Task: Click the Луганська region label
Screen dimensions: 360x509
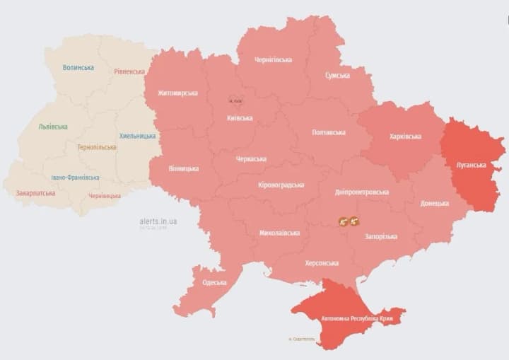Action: pyautogui.click(x=471, y=165)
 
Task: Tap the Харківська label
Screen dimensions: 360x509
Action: pyautogui.click(x=405, y=136)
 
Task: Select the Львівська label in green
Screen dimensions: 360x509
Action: pyautogui.click(x=53, y=127)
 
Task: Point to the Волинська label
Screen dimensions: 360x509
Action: pyautogui.click(x=78, y=67)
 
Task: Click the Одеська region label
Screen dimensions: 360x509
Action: pyautogui.click(x=214, y=282)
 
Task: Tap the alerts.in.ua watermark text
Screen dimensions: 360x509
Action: pyautogui.click(x=158, y=221)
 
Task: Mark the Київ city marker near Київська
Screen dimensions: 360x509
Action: pyautogui.click(x=235, y=100)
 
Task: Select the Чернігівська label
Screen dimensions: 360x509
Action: pyautogui.click(x=274, y=59)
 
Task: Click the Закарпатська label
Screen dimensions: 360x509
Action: pyautogui.click(x=35, y=192)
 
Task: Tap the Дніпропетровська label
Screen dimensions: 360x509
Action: pyautogui.click(x=362, y=192)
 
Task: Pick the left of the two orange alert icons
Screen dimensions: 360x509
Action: pyautogui.click(x=343, y=221)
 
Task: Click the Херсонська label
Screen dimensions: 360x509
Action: pyautogui.click(x=322, y=262)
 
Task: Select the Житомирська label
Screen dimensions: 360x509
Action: pyautogui.click(x=177, y=93)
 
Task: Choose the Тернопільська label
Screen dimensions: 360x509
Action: pyautogui.click(x=96, y=147)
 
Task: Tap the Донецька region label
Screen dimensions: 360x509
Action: pyautogui.click(x=434, y=203)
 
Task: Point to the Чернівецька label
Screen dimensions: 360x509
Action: pyautogui.click(x=105, y=196)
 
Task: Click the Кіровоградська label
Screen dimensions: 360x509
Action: pyautogui.click(x=281, y=185)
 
